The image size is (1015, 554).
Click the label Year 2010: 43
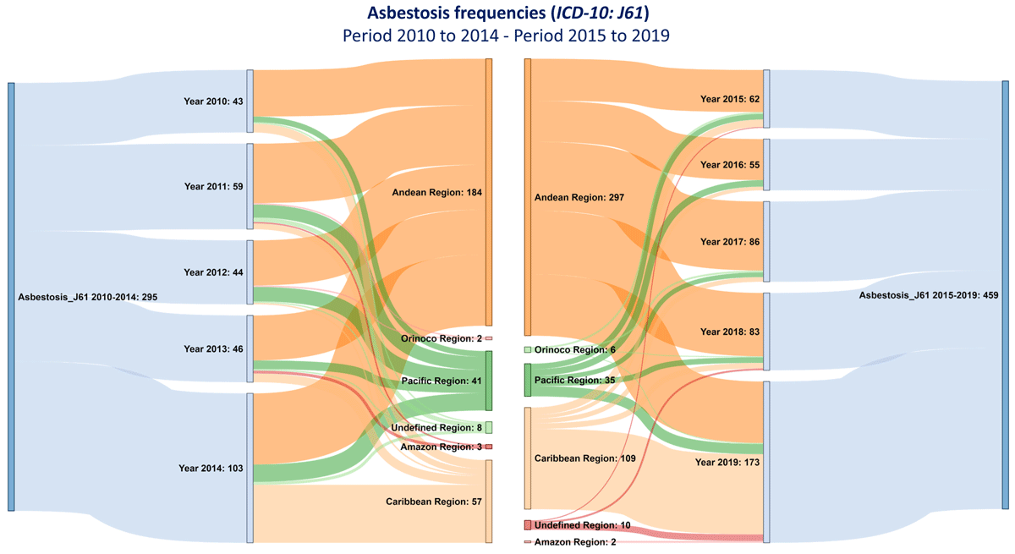pos(213,101)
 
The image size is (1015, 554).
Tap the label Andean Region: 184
pos(436,193)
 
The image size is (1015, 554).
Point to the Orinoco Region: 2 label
pos(442,338)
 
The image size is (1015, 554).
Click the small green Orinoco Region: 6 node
pos(528,349)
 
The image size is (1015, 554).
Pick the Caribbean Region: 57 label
pos(434,502)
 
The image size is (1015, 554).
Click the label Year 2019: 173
pos(727,463)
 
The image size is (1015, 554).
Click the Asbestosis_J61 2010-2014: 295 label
pos(87,297)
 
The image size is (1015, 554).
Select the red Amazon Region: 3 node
pos(489,447)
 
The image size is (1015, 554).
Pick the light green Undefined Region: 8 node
pos(489,428)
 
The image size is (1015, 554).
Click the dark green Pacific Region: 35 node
pos(528,380)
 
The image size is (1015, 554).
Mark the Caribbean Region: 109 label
pos(584,458)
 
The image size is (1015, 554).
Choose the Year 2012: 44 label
pos(213,272)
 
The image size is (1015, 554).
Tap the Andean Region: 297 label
pos(579,197)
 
